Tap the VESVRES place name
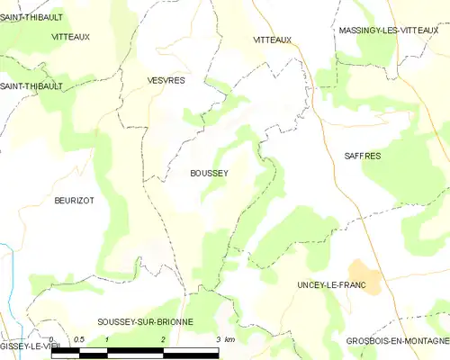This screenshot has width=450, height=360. pyautogui.click(x=166, y=80)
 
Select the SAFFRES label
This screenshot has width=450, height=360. pyautogui.click(x=363, y=156)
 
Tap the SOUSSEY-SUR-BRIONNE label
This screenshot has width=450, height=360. pyautogui.click(x=145, y=321)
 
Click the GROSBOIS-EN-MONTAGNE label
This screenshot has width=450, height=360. pyautogui.click(x=397, y=340)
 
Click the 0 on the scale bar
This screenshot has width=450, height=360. pyautogui.click(x=51, y=339)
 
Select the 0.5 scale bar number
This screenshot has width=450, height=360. pyautogui.click(x=79, y=339)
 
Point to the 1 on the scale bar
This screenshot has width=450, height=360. pyautogui.click(x=107, y=339)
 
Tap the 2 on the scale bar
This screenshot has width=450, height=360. pyautogui.click(x=163, y=339)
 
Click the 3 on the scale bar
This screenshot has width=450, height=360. pyautogui.click(x=218, y=339)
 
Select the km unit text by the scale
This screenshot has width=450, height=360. pyautogui.click(x=229, y=339)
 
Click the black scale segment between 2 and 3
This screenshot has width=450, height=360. pyautogui.click(x=191, y=349)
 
